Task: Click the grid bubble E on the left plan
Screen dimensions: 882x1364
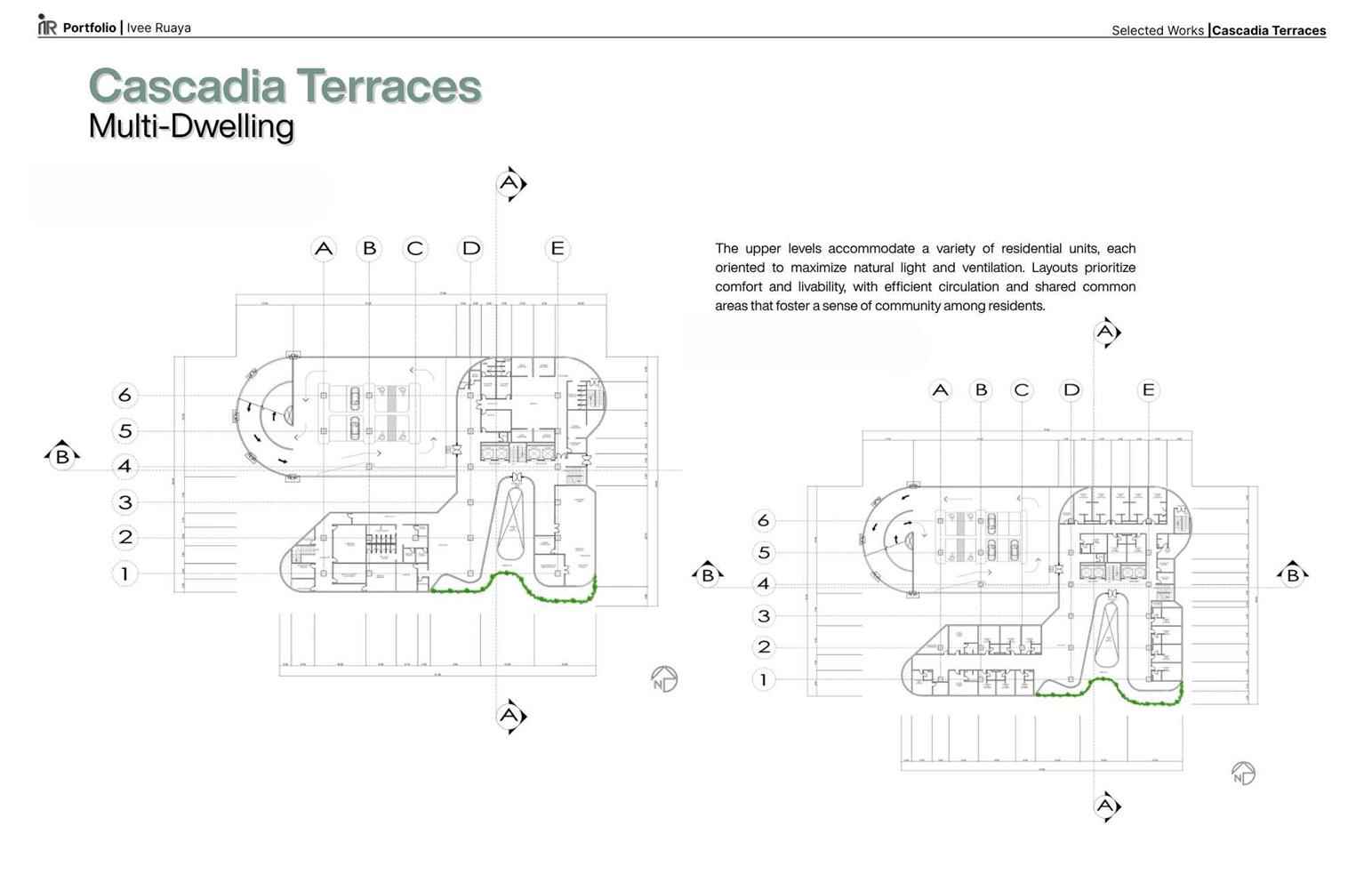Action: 558,249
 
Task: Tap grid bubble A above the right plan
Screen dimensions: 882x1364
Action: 940,390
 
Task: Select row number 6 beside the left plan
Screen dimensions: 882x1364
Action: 125,395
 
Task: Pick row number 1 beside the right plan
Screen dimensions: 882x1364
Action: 763,680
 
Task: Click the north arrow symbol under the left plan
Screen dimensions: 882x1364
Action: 663,680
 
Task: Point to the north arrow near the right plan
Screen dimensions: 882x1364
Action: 1243,774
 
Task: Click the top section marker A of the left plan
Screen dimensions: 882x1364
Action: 509,184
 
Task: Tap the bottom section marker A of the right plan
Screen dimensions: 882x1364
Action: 1105,806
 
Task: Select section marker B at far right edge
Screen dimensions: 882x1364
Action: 1293,574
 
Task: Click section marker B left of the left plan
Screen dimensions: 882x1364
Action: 62,456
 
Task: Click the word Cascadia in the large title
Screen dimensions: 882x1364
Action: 187,86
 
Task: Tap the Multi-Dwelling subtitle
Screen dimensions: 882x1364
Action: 191,126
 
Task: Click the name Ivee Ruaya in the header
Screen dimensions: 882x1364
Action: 158,28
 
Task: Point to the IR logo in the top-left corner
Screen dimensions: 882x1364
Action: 47,26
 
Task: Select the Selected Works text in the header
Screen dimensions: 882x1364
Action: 1157,30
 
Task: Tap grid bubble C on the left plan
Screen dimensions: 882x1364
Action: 415,249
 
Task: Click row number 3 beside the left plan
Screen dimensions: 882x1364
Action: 125,502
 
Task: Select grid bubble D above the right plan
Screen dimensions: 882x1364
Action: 1071,390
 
